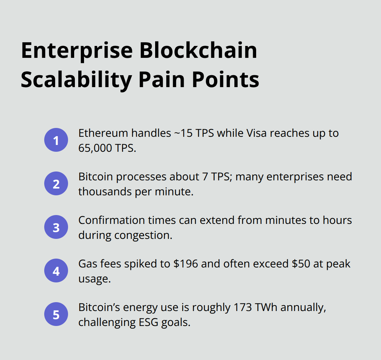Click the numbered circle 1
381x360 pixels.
(x=56, y=140)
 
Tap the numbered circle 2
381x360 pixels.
(x=56, y=184)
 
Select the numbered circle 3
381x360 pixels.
(x=56, y=227)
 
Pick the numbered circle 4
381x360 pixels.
(x=56, y=271)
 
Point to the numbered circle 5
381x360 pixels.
(x=56, y=314)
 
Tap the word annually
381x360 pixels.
(x=300, y=308)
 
